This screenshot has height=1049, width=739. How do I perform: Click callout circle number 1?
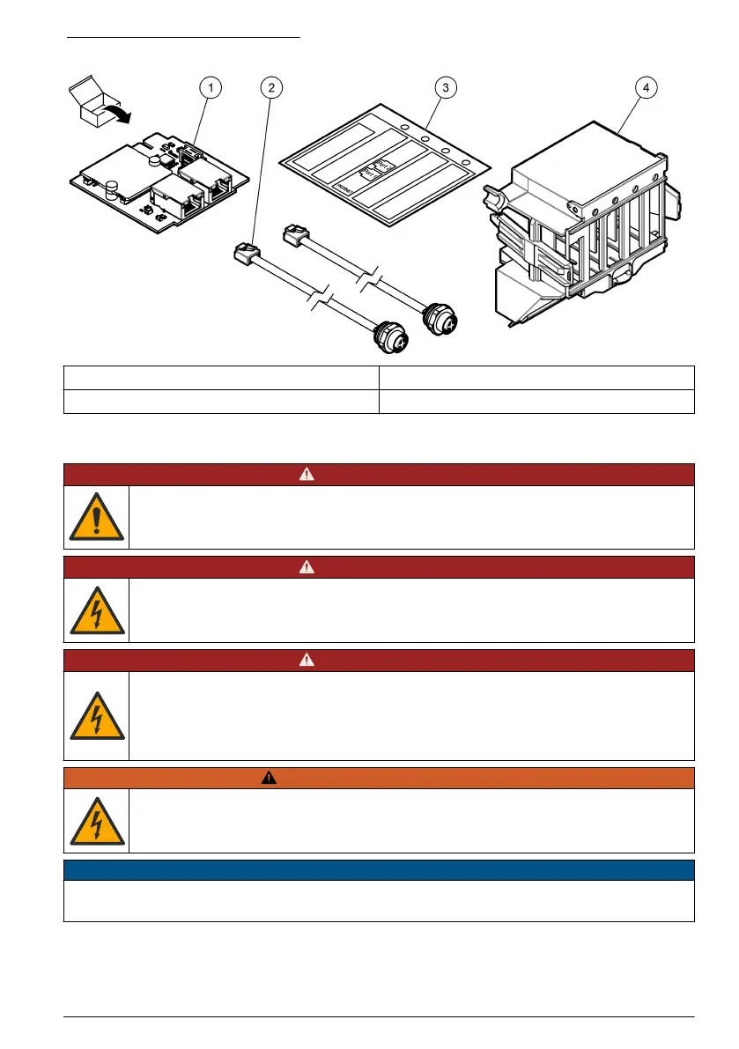coord(211,87)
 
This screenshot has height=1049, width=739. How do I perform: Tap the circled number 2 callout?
coord(272,87)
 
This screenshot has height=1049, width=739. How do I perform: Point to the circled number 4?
coord(647,87)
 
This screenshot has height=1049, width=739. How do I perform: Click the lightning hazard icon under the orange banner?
coord(96,820)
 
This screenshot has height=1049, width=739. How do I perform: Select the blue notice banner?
coord(379,870)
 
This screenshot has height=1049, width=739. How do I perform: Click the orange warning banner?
coord(379,778)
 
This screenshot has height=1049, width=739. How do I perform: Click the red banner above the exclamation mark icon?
coord(379,474)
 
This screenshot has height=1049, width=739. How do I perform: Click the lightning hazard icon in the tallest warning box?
coord(96,715)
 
